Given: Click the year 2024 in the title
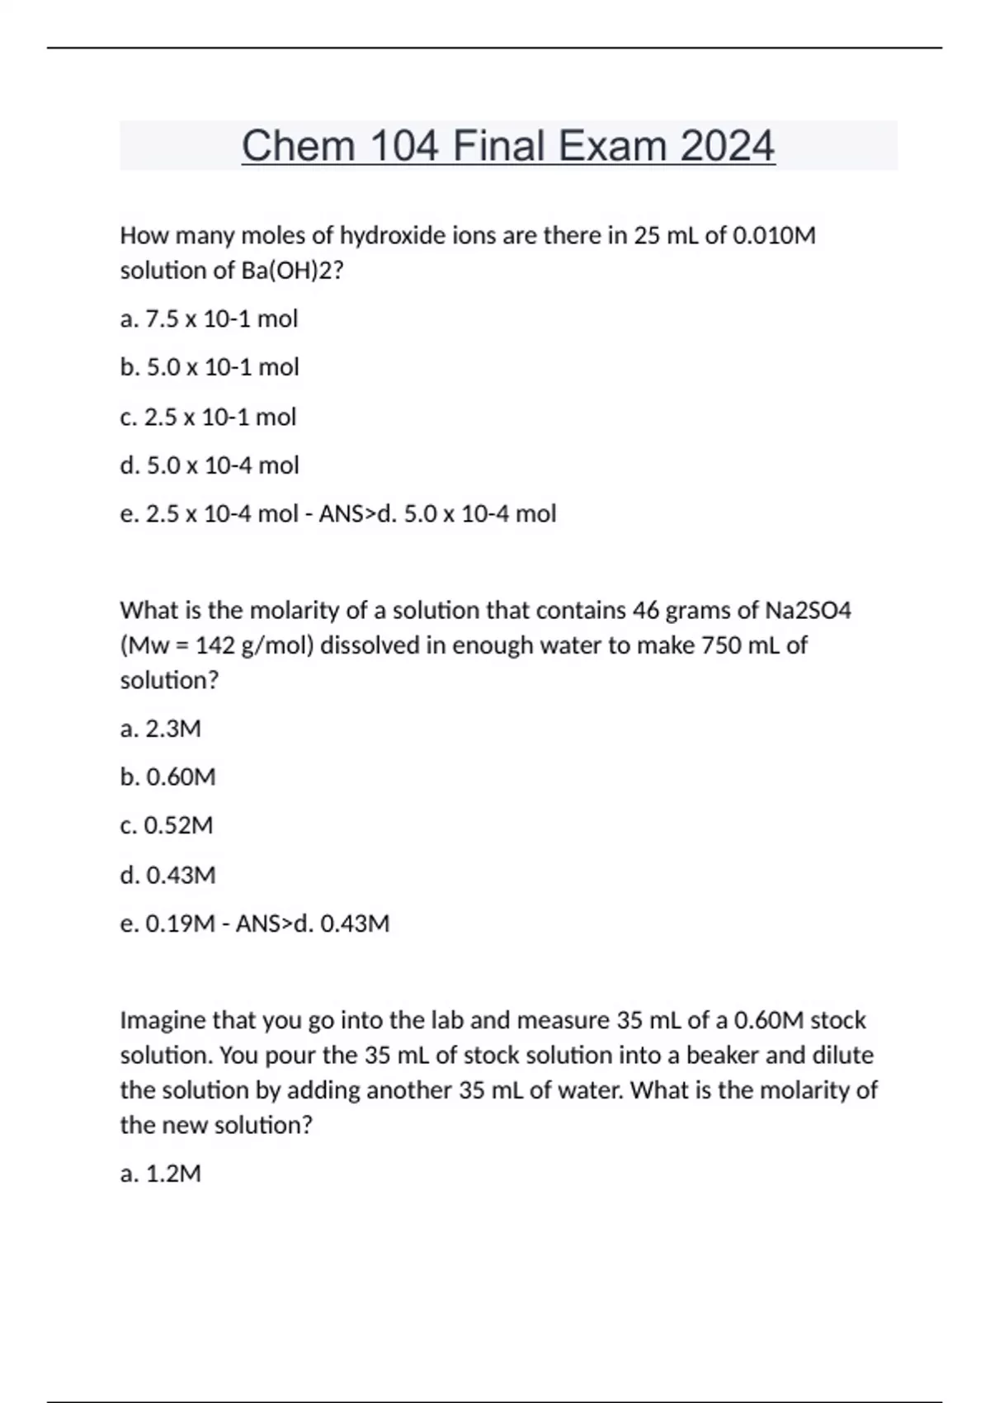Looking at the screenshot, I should click(728, 147).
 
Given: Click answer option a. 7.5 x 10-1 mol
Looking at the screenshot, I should click(209, 319).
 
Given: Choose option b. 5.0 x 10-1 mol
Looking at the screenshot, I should click(210, 367).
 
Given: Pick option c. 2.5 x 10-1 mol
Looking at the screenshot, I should click(208, 417).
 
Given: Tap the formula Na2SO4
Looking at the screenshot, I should click(808, 611).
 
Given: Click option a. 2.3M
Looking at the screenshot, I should click(161, 729).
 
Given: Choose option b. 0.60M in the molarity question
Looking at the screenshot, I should click(167, 777).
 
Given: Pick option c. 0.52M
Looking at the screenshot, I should click(167, 825).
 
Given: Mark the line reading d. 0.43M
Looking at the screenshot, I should click(167, 875).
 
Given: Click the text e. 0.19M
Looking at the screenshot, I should click(167, 924).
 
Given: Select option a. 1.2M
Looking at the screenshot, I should click(161, 1174).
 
